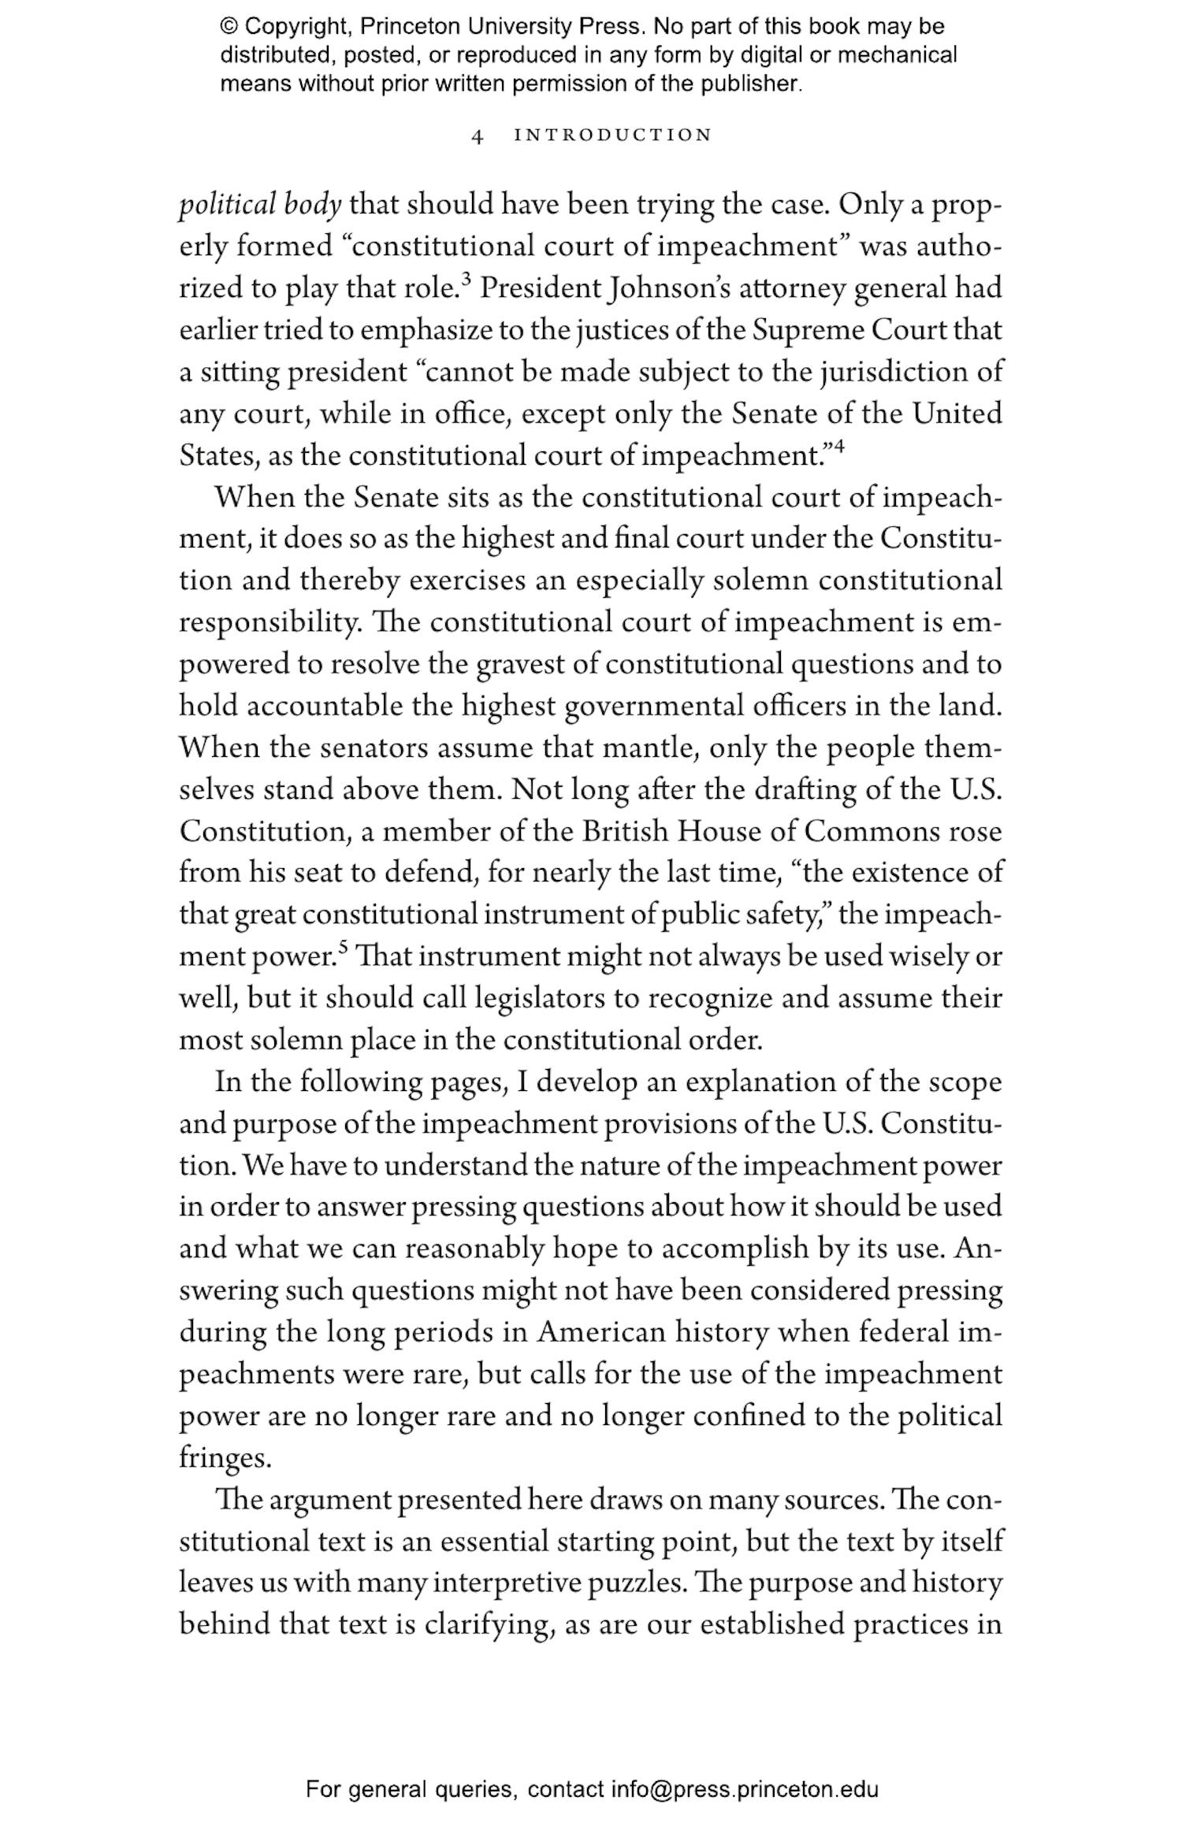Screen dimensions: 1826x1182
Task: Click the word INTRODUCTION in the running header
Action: (x=612, y=135)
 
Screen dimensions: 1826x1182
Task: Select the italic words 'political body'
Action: (x=260, y=205)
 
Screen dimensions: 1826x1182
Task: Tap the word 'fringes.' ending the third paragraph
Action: (x=225, y=1458)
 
